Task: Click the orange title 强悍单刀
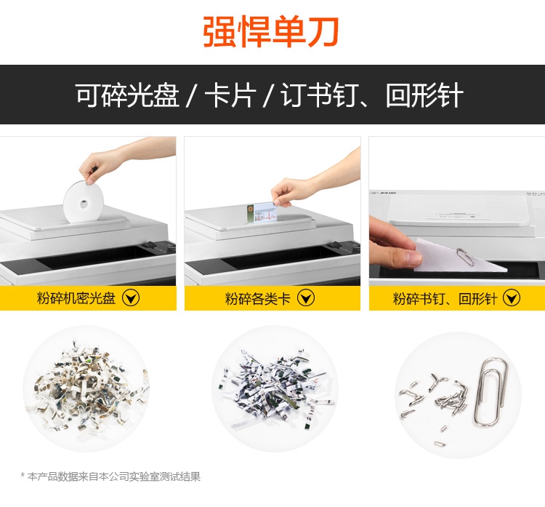point(271,32)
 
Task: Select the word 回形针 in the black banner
point(424,95)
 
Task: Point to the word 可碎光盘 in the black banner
point(127,95)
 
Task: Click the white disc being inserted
point(84,201)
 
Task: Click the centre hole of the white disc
point(84,204)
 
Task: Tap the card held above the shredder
point(262,212)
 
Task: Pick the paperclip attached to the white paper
point(465,257)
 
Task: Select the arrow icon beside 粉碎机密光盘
point(131,298)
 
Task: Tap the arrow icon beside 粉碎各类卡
point(306,298)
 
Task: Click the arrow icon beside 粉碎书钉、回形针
point(512,298)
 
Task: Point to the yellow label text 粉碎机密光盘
point(76,298)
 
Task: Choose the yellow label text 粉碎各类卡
point(257,298)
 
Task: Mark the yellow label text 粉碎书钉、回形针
point(445,298)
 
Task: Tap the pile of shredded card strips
point(275,388)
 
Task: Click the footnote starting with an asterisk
point(110,476)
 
